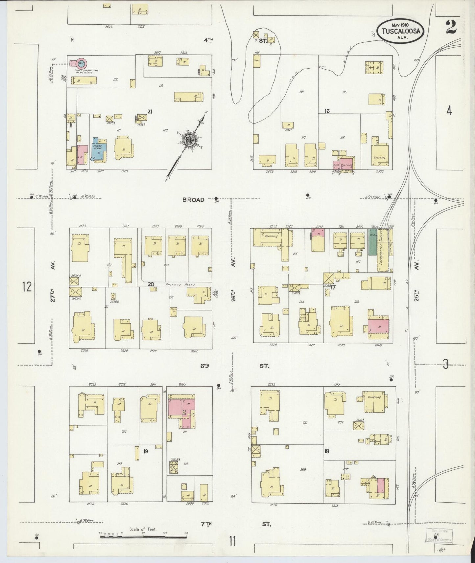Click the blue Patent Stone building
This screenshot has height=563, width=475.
98,150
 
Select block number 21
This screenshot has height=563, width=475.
150,112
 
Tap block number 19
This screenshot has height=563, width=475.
146,451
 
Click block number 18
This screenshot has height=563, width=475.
326,451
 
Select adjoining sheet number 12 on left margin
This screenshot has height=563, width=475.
27,287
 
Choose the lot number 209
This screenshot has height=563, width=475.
303,469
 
